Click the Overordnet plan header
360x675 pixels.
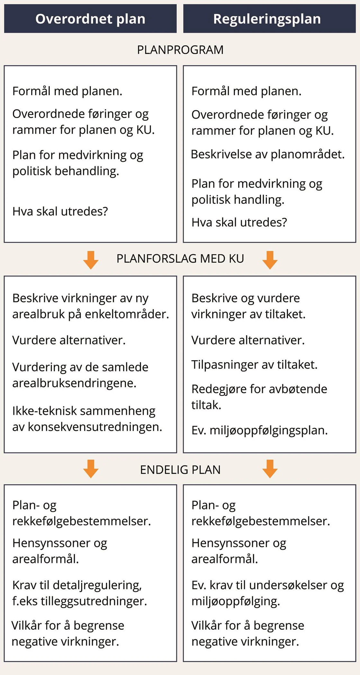coord(90,19)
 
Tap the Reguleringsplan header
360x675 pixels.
coord(267,19)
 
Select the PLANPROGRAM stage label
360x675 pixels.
coord(180,50)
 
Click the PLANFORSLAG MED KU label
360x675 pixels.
coord(180,259)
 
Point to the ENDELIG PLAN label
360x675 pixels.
coord(180,470)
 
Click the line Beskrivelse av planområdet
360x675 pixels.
coord(267,154)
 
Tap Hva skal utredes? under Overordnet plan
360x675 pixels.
coord(60,211)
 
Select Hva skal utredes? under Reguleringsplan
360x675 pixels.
coord(239,222)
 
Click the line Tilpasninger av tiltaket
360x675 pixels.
coord(254,365)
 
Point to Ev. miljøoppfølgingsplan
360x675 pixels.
coord(259,430)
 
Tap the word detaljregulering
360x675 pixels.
coord(97,585)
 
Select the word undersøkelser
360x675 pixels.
coord(288,585)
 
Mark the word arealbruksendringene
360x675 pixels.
coord(74,383)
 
